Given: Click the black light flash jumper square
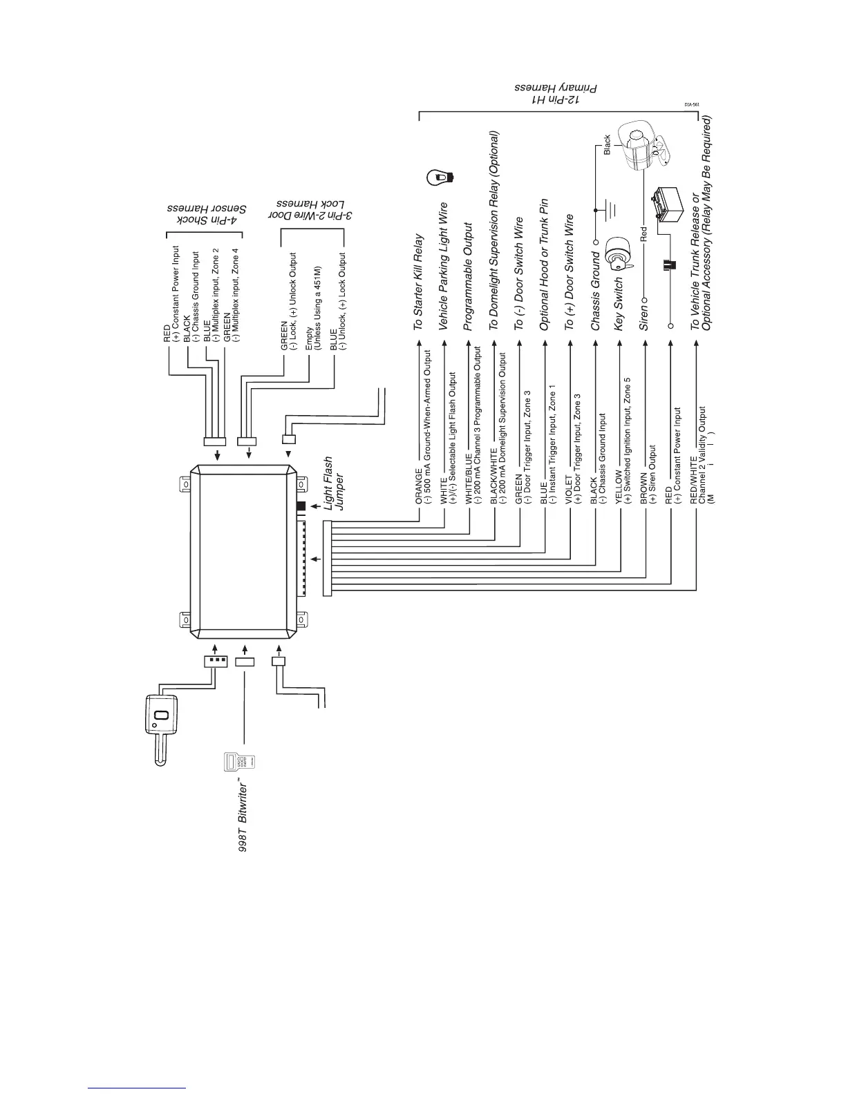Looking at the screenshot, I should [x=301, y=506].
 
